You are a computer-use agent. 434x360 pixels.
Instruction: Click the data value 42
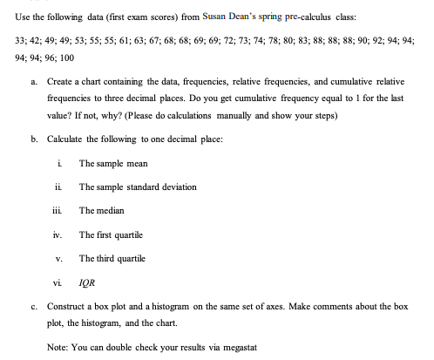pyautogui.click(x=40, y=42)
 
